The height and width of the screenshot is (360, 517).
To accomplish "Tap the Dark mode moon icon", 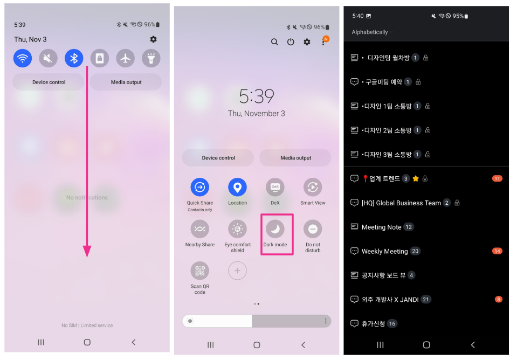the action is click(275, 229).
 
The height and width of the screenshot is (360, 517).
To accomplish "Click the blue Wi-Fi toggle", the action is click(23, 58).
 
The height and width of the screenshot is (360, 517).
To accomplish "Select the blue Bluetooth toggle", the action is click(74, 58).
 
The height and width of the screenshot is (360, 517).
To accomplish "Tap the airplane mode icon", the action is click(125, 58).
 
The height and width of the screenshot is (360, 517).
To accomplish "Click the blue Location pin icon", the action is click(237, 187).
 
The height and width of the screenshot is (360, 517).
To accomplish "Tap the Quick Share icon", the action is click(200, 187).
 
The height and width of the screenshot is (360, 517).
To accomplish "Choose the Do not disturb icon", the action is click(313, 229).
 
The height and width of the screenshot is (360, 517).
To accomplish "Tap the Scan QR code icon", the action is click(200, 271).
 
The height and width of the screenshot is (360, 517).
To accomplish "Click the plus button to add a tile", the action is click(237, 271).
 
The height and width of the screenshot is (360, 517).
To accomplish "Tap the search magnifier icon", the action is click(274, 42).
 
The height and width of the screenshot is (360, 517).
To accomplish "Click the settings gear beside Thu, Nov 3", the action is click(153, 39).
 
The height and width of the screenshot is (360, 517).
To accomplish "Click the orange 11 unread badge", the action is click(497, 179).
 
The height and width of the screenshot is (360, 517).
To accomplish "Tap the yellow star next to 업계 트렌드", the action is click(416, 179).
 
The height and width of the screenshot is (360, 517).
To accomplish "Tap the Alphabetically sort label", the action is click(370, 32).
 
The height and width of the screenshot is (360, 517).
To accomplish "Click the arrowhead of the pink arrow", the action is click(87, 251).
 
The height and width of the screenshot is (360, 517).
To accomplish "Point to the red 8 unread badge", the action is click(499, 299).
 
